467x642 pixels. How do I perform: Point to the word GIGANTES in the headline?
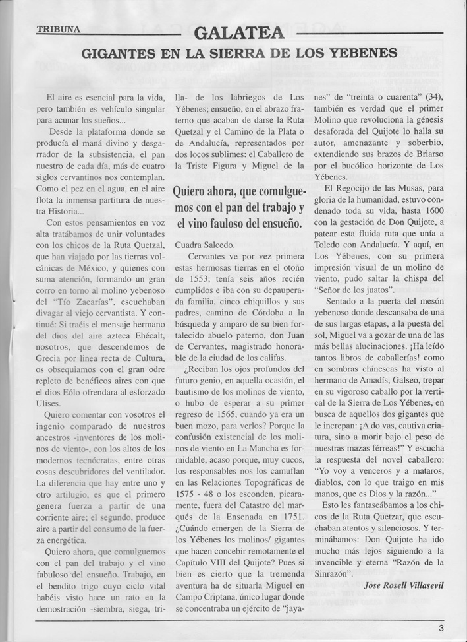(x=115, y=53)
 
